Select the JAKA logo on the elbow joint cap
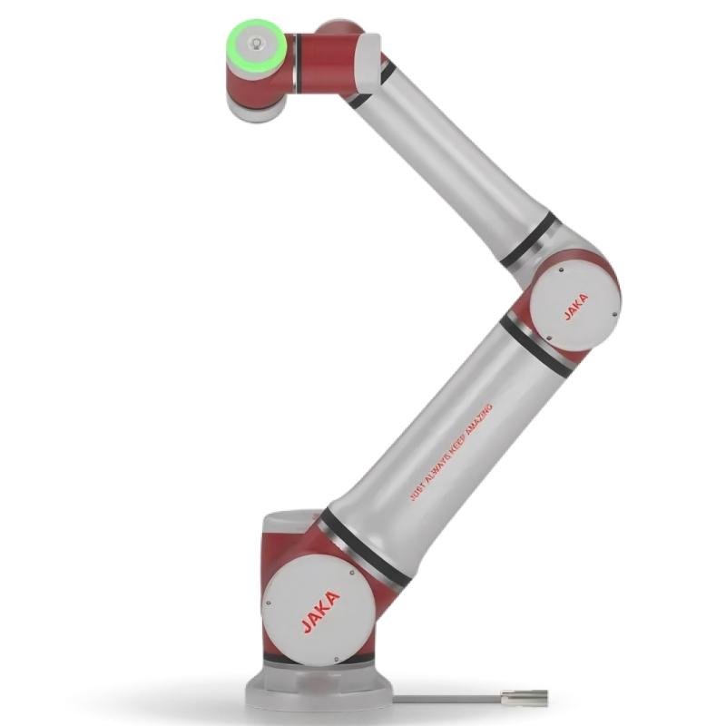[x=576, y=307]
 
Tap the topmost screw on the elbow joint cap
[x=561, y=270]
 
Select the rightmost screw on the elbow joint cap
[x=614, y=315]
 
